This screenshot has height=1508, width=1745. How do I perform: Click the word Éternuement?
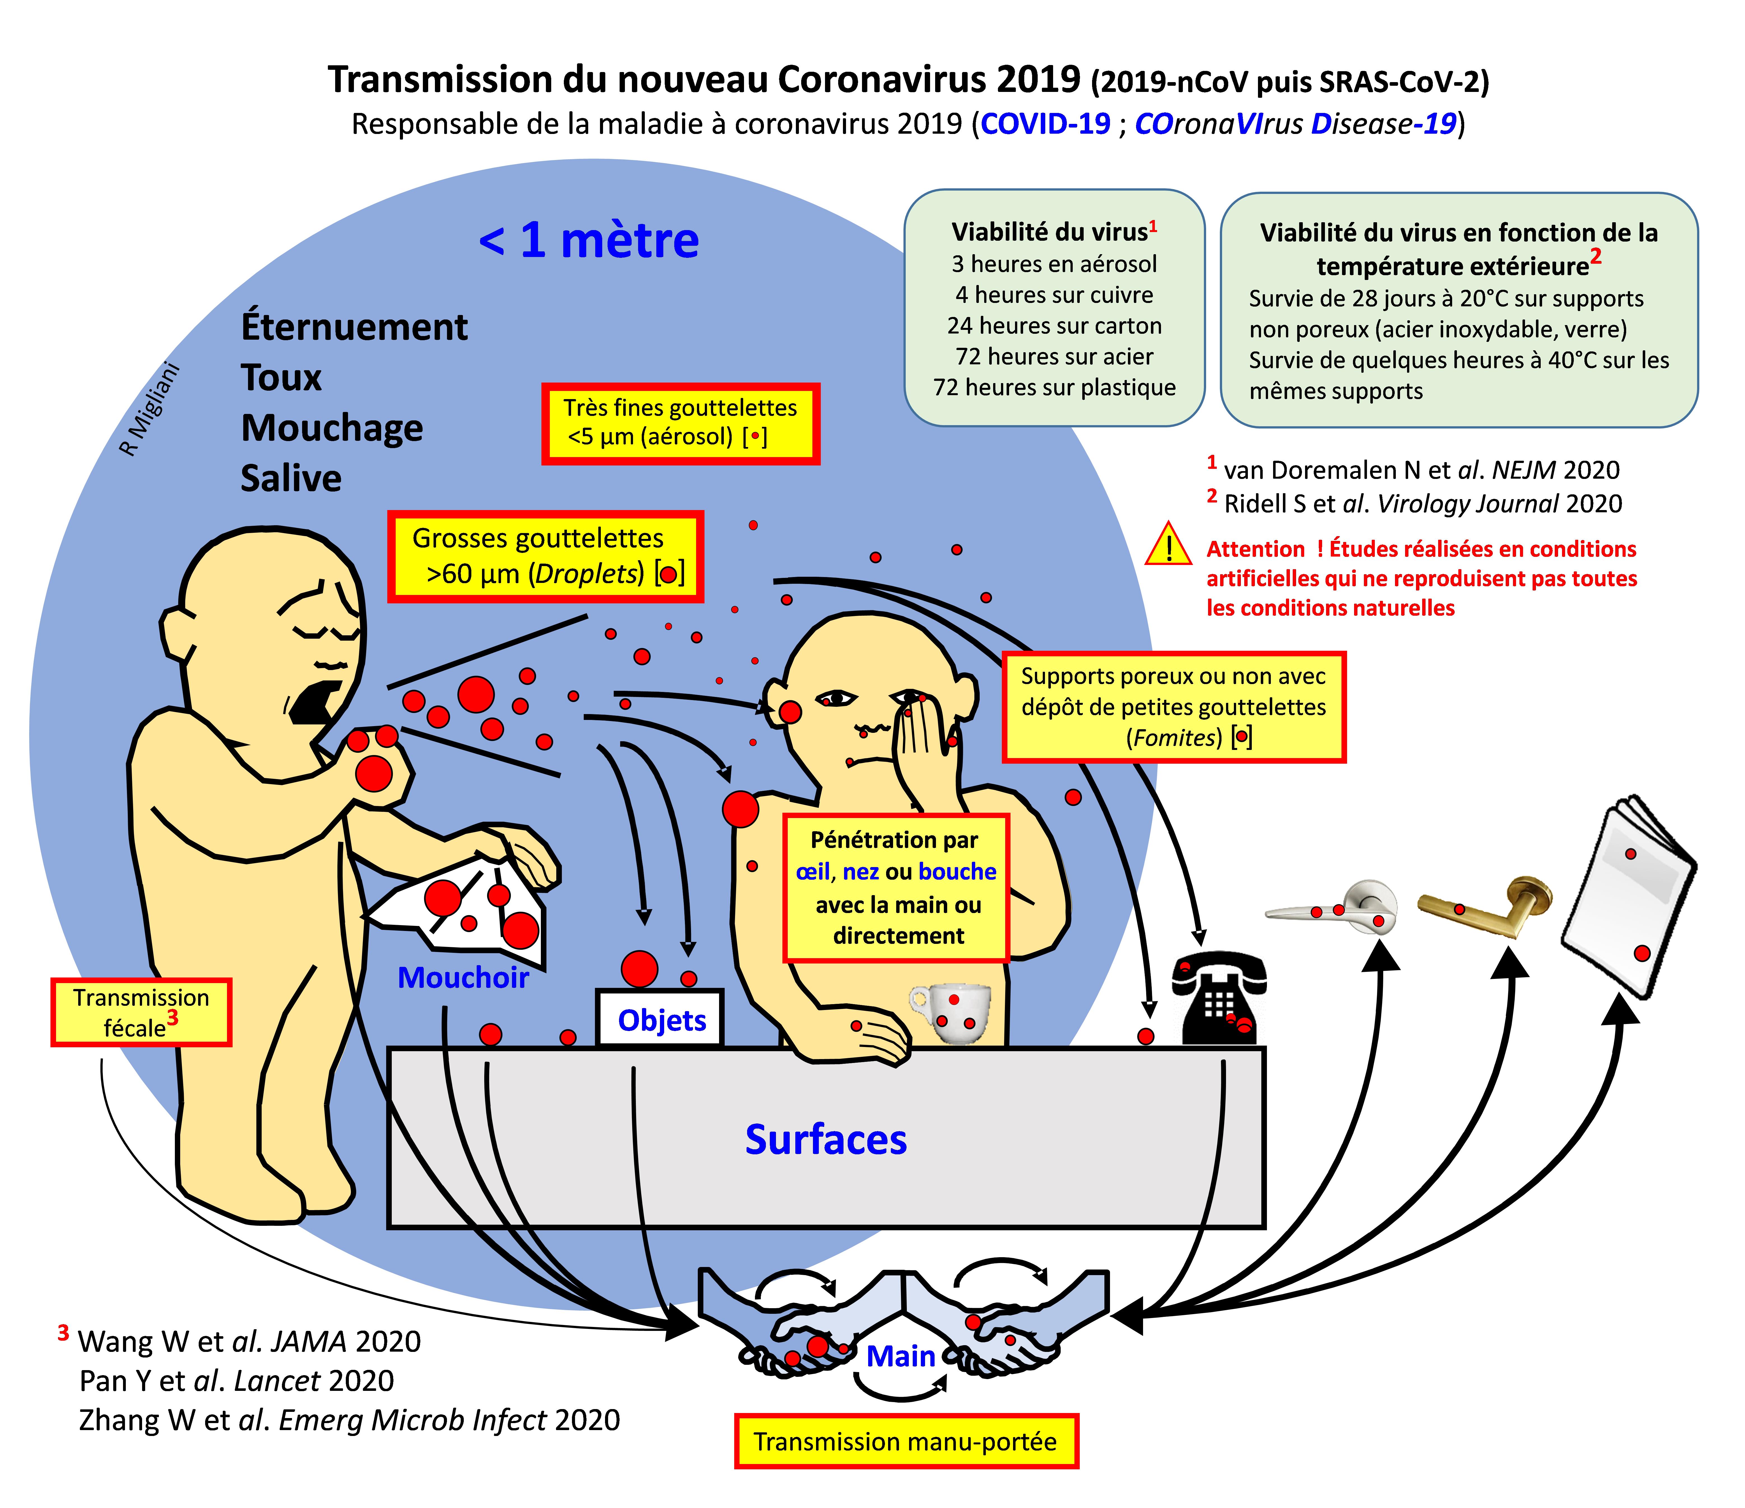354,327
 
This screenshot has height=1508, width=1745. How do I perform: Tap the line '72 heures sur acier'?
1055,356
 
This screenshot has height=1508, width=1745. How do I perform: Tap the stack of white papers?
1630,897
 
